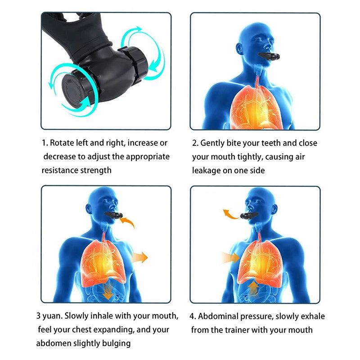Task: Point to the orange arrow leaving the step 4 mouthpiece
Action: click(x=231, y=214)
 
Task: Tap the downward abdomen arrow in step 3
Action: click(x=108, y=293)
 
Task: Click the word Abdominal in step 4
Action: click(x=218, y=316)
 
